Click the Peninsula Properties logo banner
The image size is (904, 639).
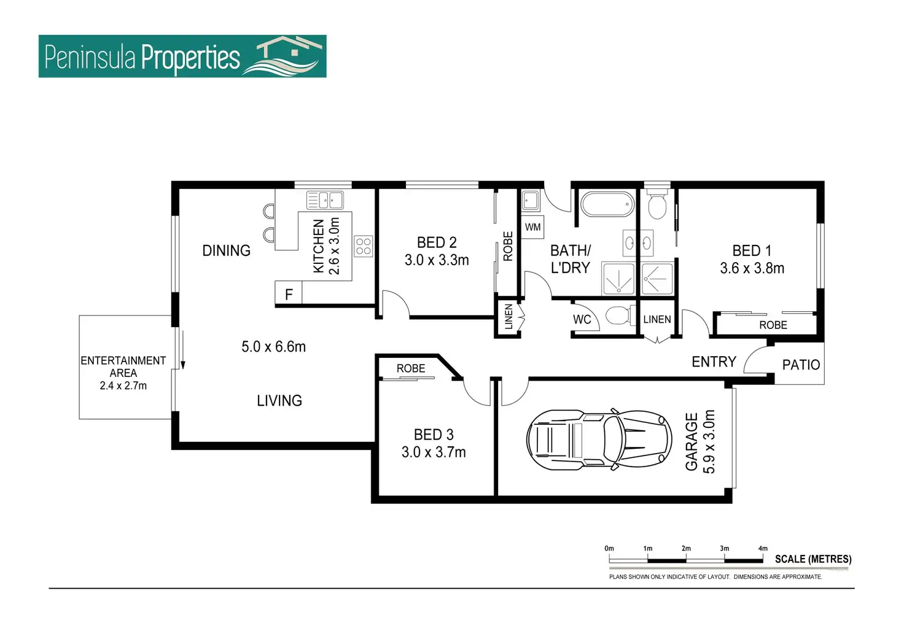182,56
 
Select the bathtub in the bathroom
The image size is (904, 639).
607,204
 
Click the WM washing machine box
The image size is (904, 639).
532,227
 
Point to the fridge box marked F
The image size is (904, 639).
289,293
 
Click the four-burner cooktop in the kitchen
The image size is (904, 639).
363,246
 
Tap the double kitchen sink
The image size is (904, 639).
325,200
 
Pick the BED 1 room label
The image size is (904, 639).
752,250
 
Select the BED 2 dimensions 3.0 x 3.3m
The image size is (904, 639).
437,260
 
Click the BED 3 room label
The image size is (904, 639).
434,435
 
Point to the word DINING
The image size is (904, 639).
227,250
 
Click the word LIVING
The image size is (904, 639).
279,401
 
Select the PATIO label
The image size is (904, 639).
801,365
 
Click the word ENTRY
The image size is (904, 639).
714,362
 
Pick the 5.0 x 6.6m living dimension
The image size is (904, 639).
274,347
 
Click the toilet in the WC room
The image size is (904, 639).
621,315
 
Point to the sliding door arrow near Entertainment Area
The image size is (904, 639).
183,350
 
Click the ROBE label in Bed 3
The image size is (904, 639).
411,368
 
